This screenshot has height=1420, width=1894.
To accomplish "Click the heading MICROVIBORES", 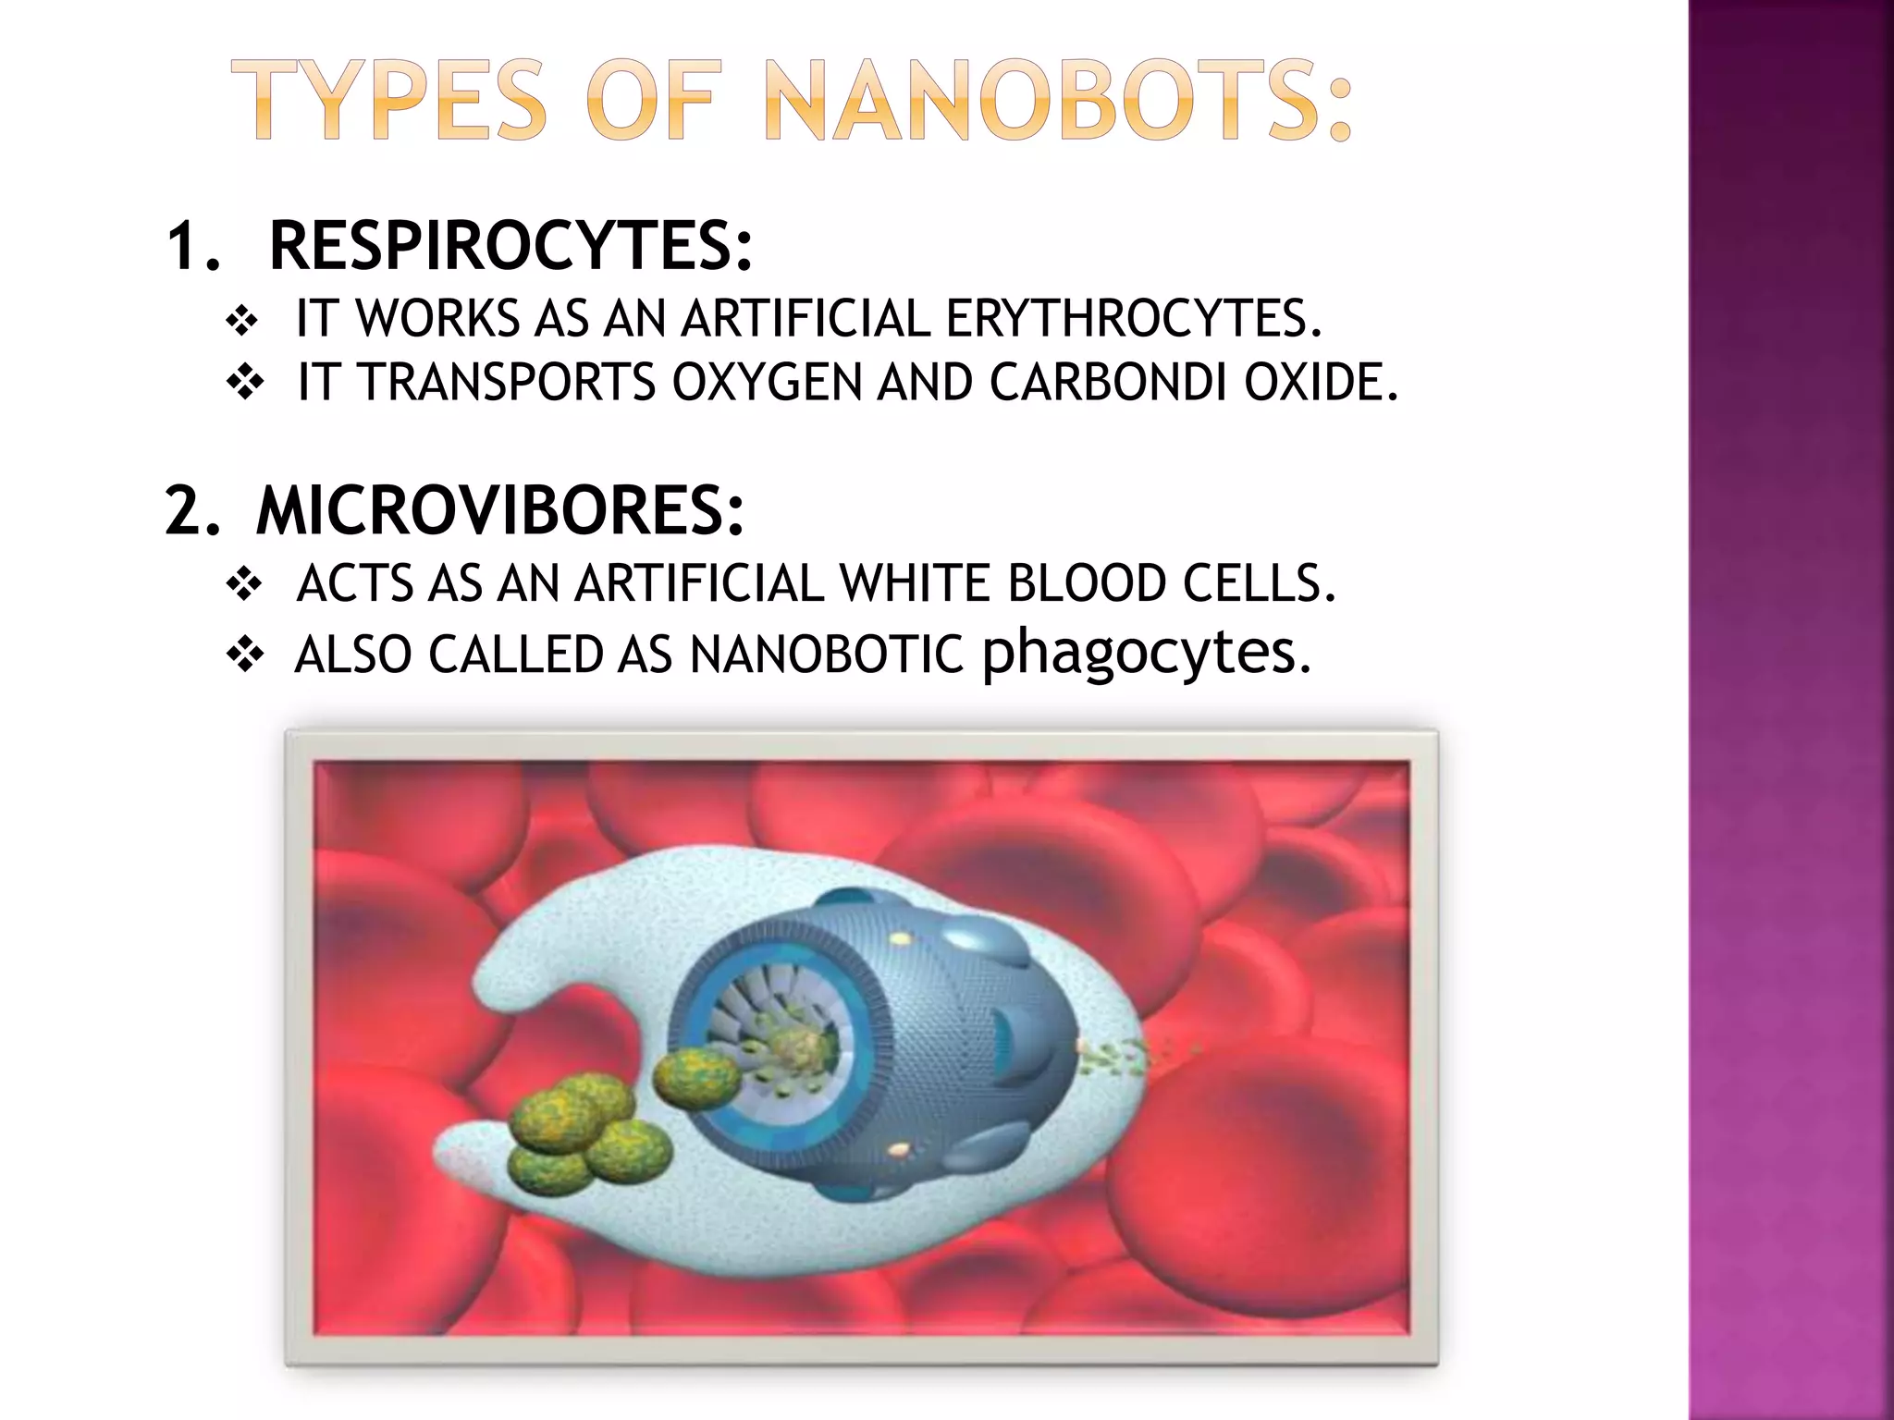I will coord(499,510).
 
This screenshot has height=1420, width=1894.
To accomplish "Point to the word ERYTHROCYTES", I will coord(1133,319).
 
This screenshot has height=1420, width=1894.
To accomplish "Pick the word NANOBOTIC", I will coord(827,655).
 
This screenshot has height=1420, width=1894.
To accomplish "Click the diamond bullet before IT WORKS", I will coord(242,322).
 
